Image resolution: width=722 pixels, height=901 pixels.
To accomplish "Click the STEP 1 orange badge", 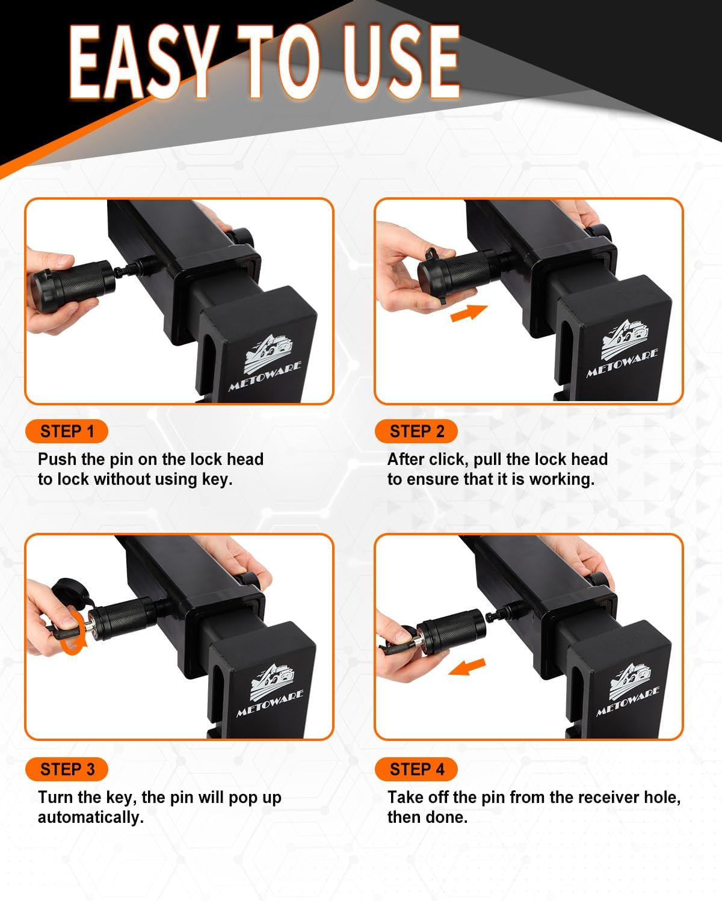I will pyautogui.click(x=67, y=431).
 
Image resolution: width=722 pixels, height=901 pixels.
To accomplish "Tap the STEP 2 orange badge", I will pyautogui.click(x=416, y=431).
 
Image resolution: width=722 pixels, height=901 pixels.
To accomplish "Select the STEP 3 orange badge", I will pyautogui.click(x=67, y=769).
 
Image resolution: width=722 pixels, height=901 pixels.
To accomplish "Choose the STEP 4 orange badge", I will pyautogui.click(x=416, y=769).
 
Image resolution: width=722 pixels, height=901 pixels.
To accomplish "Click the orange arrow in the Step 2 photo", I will pyautogui.click(x=469, y=312).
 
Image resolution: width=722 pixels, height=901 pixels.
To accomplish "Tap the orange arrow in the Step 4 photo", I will pyautogui.click(x=467, y=666).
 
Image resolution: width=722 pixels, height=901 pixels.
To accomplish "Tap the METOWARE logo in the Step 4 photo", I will pyautogui.click(x=629, y=689).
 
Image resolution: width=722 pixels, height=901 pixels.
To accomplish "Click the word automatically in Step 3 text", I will pyautogui.click(x=90, y=817).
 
